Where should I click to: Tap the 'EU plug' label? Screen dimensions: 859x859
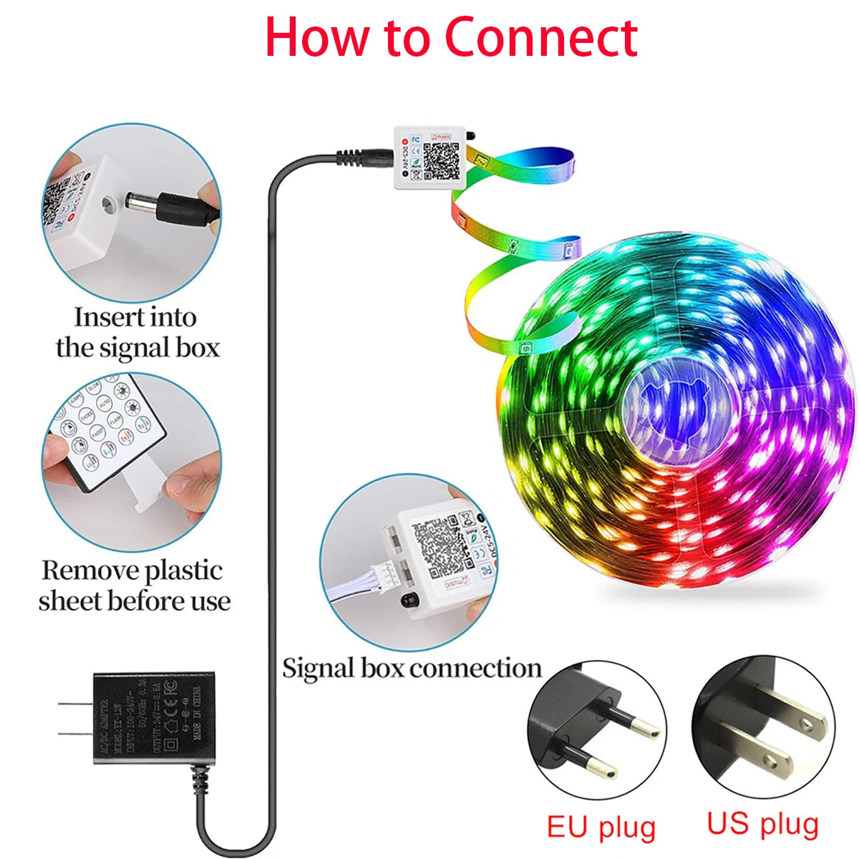(x=601, y=826)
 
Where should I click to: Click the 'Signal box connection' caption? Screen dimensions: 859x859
(x=412, y=668)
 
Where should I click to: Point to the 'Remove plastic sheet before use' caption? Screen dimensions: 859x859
(x=135, y=586)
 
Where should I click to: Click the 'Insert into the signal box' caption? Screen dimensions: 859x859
(x=137, y=332)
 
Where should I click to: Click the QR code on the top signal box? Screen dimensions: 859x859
(x=440, y=160)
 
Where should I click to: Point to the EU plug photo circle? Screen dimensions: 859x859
(x=596, y=730)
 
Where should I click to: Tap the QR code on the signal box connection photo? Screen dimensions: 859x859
(x=437, y=548)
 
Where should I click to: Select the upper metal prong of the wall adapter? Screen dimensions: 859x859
(x=75, y=705)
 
